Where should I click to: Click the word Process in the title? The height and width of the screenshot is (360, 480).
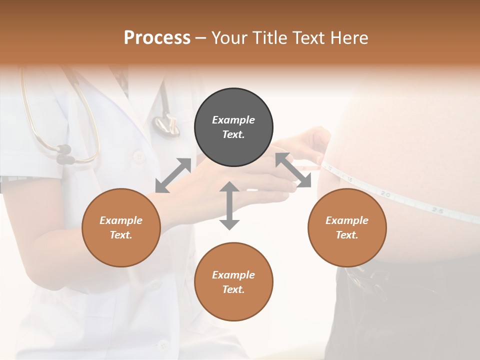pos(157,38)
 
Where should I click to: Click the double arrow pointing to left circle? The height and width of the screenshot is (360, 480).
pos(173,175)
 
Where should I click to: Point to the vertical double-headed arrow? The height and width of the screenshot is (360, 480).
pos(229,205)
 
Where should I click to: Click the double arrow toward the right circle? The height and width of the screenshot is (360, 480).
pos(293,170)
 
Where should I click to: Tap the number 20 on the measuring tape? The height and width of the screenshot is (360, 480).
pos(385,193)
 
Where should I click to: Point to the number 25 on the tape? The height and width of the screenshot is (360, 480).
pos(437,210)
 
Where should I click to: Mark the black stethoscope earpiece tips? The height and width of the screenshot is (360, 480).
pos(64,154)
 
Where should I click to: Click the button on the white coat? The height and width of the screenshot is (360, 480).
pos(138,156)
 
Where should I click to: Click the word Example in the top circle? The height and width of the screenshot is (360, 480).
pos(233,120)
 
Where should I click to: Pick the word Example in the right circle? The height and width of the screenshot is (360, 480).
pos(347,220)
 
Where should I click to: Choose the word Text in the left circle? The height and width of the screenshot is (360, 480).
pos(121,235)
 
